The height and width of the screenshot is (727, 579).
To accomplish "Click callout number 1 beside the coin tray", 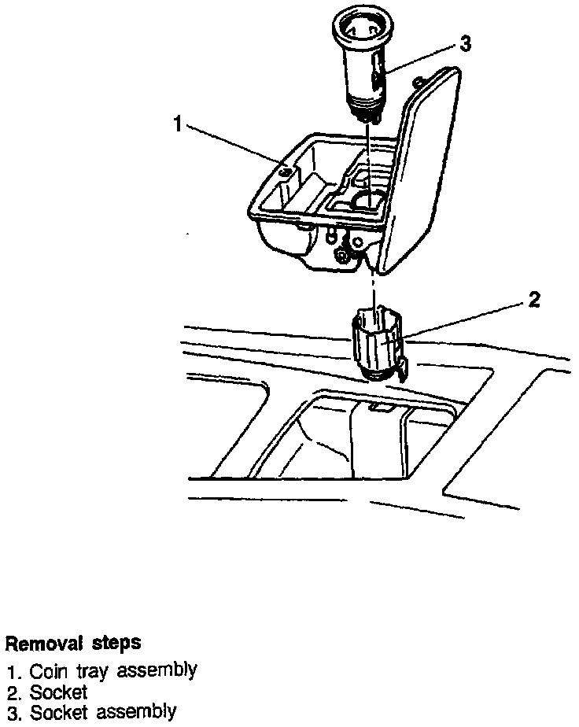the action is coord(179,124).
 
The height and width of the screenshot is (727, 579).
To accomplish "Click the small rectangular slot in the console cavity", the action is coord(378,408).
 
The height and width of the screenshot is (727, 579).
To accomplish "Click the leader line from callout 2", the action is coord(464,320).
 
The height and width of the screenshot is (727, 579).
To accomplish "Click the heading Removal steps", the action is coord(73,643).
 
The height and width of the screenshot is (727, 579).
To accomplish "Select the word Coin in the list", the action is coord(46,673).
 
